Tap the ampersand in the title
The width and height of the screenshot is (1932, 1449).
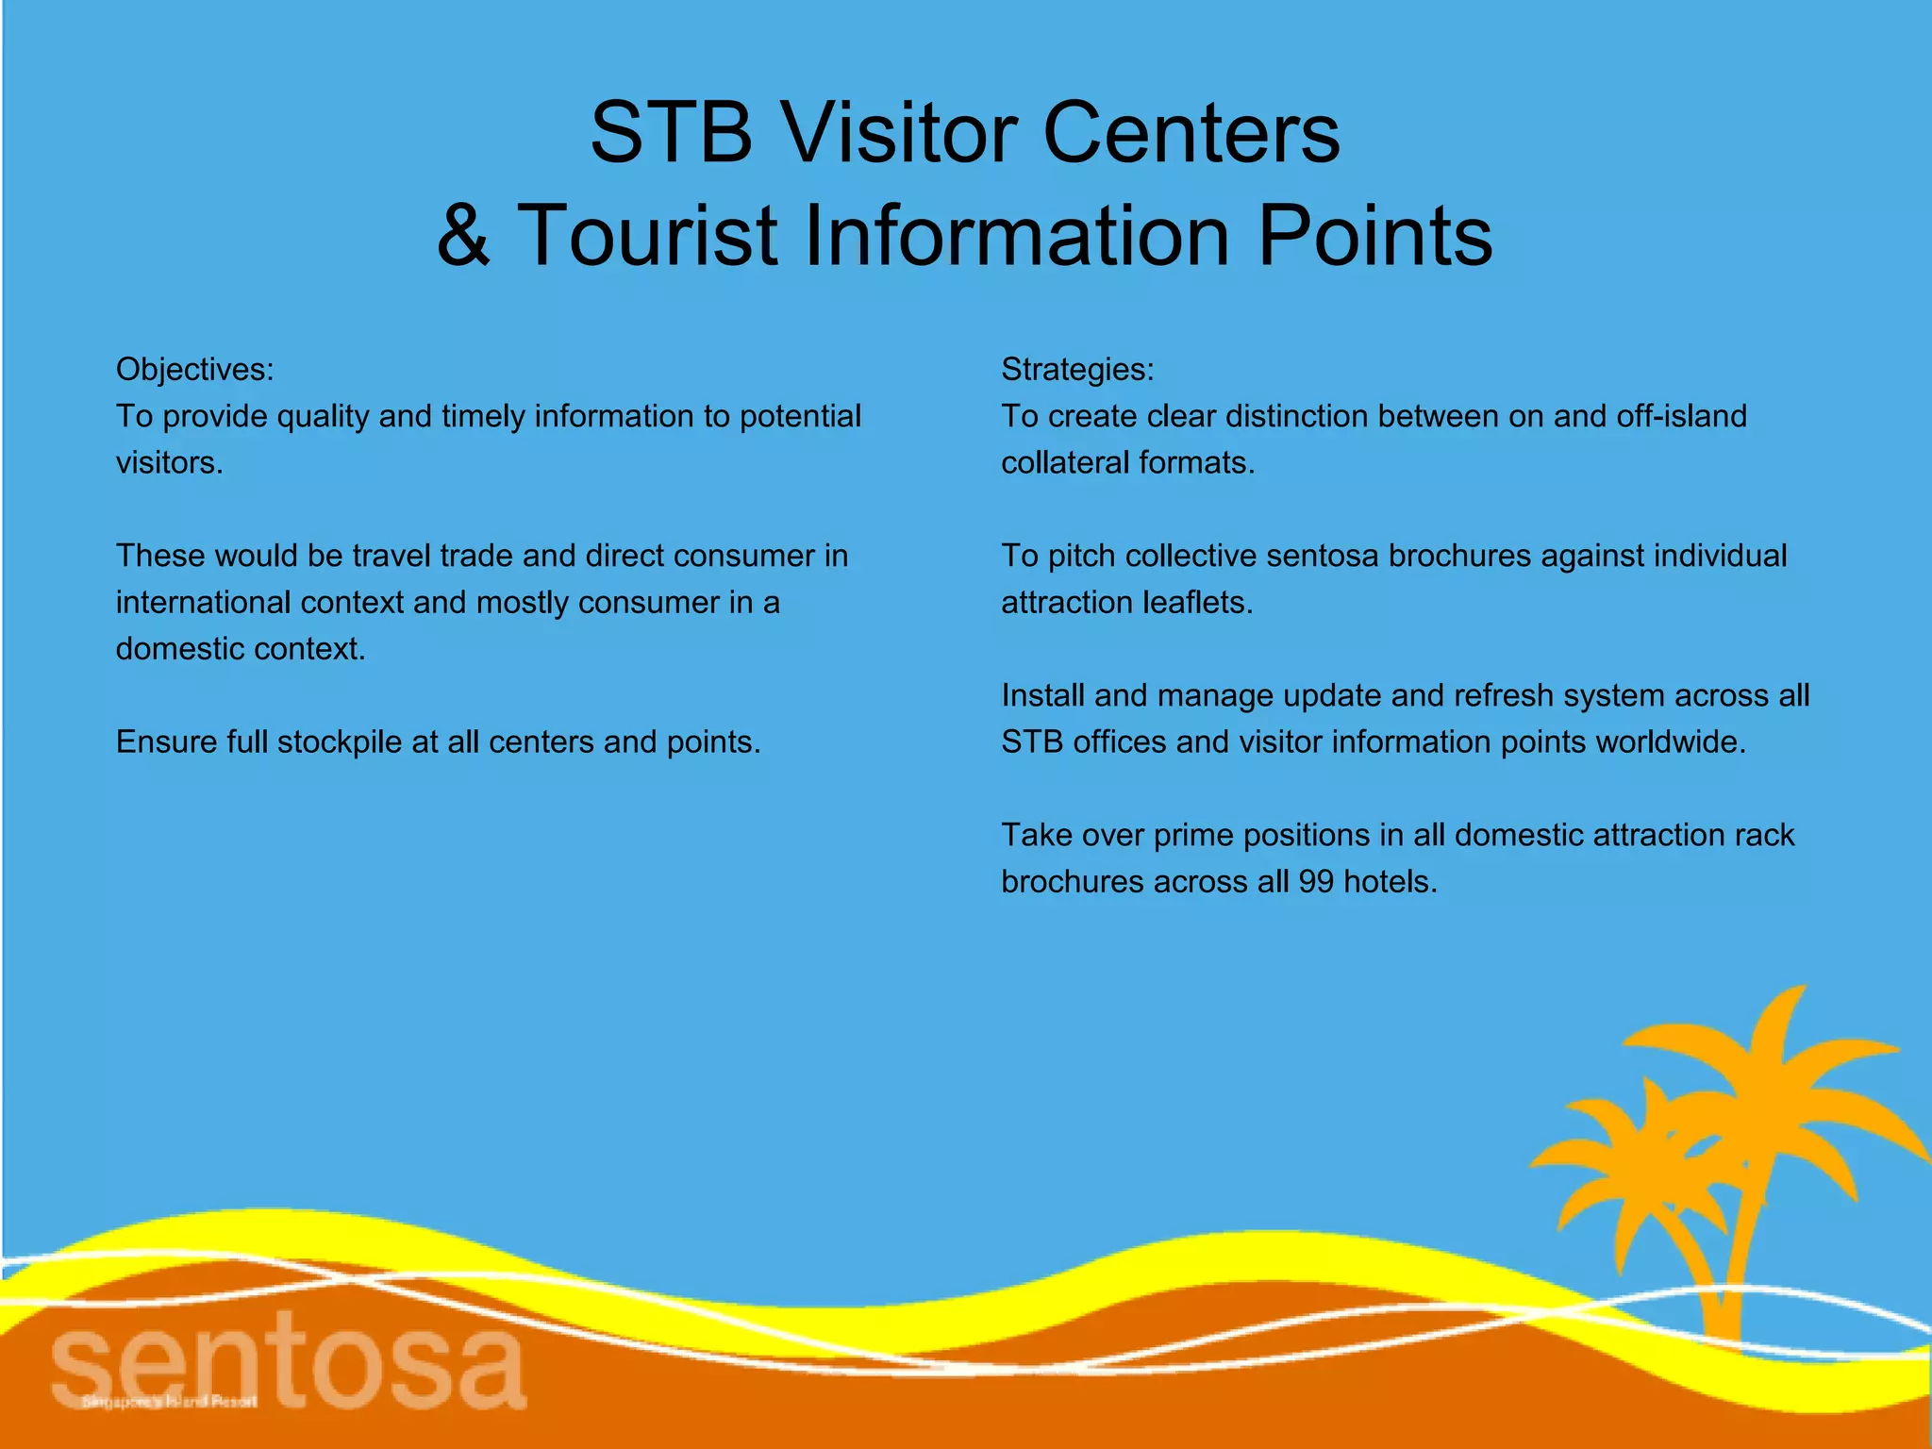point(463,235)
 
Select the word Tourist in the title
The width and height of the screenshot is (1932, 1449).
point(648,235)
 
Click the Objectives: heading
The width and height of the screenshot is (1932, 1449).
point(194,369)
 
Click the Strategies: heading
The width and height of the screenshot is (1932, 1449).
point(1077,369)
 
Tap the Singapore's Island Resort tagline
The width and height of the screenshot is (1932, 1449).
point(170,1402)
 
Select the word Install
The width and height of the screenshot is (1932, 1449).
point(1042,695)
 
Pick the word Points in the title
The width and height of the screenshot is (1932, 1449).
point(1374,235)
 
